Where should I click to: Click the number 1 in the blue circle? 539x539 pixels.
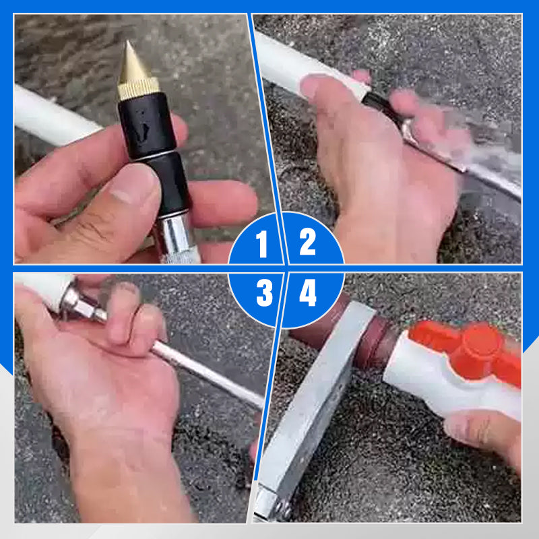point(262,244)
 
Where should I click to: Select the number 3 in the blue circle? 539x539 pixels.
point(264,292)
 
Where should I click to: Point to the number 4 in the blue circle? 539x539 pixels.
point(308,292)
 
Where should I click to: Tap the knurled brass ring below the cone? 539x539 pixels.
point(138,88)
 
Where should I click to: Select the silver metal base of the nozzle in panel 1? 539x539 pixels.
point(175,237)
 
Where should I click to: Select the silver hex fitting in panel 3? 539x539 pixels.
point(80,305)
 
